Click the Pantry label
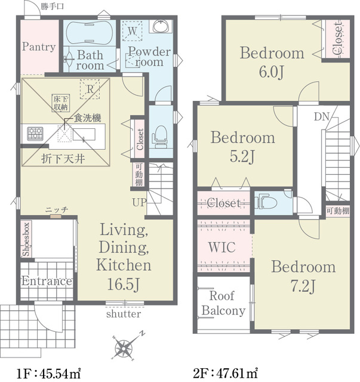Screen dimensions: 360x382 pos(39,47)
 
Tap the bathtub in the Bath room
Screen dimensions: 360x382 pos(90,33)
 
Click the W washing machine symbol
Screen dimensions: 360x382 pos(132,31)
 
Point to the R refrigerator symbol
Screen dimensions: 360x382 pos(90,89)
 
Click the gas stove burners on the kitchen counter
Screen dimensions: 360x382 pos(35,134)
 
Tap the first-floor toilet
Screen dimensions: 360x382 pos(159,137)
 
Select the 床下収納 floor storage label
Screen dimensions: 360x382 pos(61,103)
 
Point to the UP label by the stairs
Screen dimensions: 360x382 pos(140,202)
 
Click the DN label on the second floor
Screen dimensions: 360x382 pos(321,117)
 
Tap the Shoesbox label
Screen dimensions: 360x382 pos(26,239)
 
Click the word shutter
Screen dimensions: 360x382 pos(124,314)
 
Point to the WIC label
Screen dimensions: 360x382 pos(222,247)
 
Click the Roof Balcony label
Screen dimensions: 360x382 pos(223,303)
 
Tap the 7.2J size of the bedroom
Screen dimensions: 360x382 pos(303,286)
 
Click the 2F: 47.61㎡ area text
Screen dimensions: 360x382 pos(226,373)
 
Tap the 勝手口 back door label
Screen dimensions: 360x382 pos(52,7)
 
